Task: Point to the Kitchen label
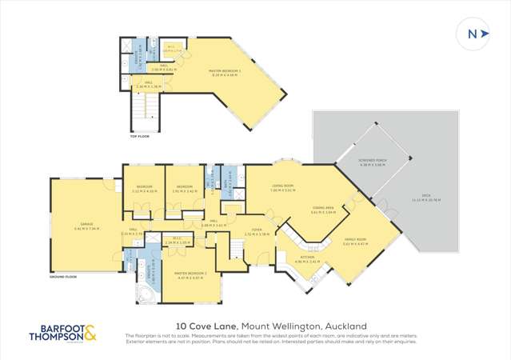pos(307,258)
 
